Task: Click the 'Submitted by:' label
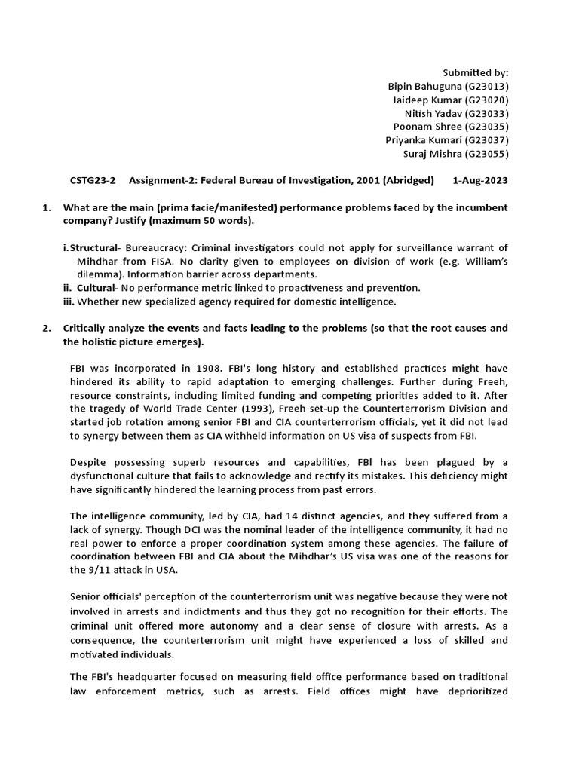pos(476,73)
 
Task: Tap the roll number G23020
pos(487,100)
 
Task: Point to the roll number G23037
pos(487,140)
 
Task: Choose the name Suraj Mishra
pos(431,154)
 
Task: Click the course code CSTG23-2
pos(93,180)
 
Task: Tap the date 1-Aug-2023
pos(480,180)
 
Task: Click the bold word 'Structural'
pos(94,247)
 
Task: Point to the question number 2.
pos(46,328)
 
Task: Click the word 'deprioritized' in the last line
pos(475,691)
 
